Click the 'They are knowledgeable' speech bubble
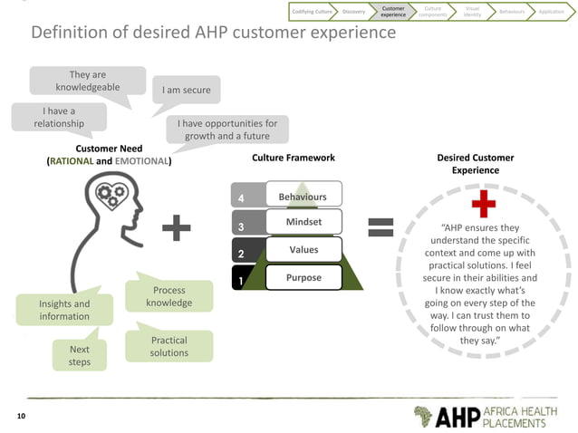(x=88, y=81)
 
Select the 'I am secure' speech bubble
(x=185, y=91)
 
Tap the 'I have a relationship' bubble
(x=59, y=117)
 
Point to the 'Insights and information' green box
(x=64, y=310)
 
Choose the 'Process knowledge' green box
(x=169, y=296)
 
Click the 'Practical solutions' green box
(x=169, y=346)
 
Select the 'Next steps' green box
(x=80, y=355)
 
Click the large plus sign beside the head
(x=182, y=228)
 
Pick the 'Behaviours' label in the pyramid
(x=303, y=197)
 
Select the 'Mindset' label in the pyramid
(x=303, y=222)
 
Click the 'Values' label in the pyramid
(x=303, y=249)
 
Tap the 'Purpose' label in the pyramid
(x=303, y=277)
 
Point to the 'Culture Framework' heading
(x=293, y=158)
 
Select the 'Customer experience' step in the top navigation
(x=393, y=11)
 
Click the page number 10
(x=22, y=416)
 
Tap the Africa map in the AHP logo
(x=422, y=416)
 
